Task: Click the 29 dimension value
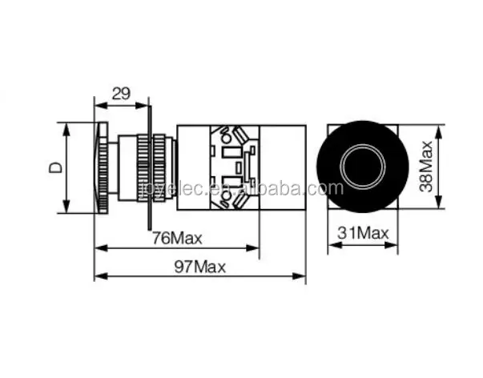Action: click(x=121, y=94)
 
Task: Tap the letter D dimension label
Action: click(x=56, y=167)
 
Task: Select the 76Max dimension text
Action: click(x=177, y=238)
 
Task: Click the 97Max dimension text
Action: click(x=200, y=267)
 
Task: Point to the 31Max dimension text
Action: click(x=363, y=233)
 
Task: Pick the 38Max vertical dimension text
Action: click(x=427, y=167)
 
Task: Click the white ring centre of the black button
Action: click(x=363, y=167)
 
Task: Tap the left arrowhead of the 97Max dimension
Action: click(x=101, y=276)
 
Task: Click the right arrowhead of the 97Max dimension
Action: click(x=299, y=276)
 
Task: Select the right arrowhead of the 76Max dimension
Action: click(x=252, y=247)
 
